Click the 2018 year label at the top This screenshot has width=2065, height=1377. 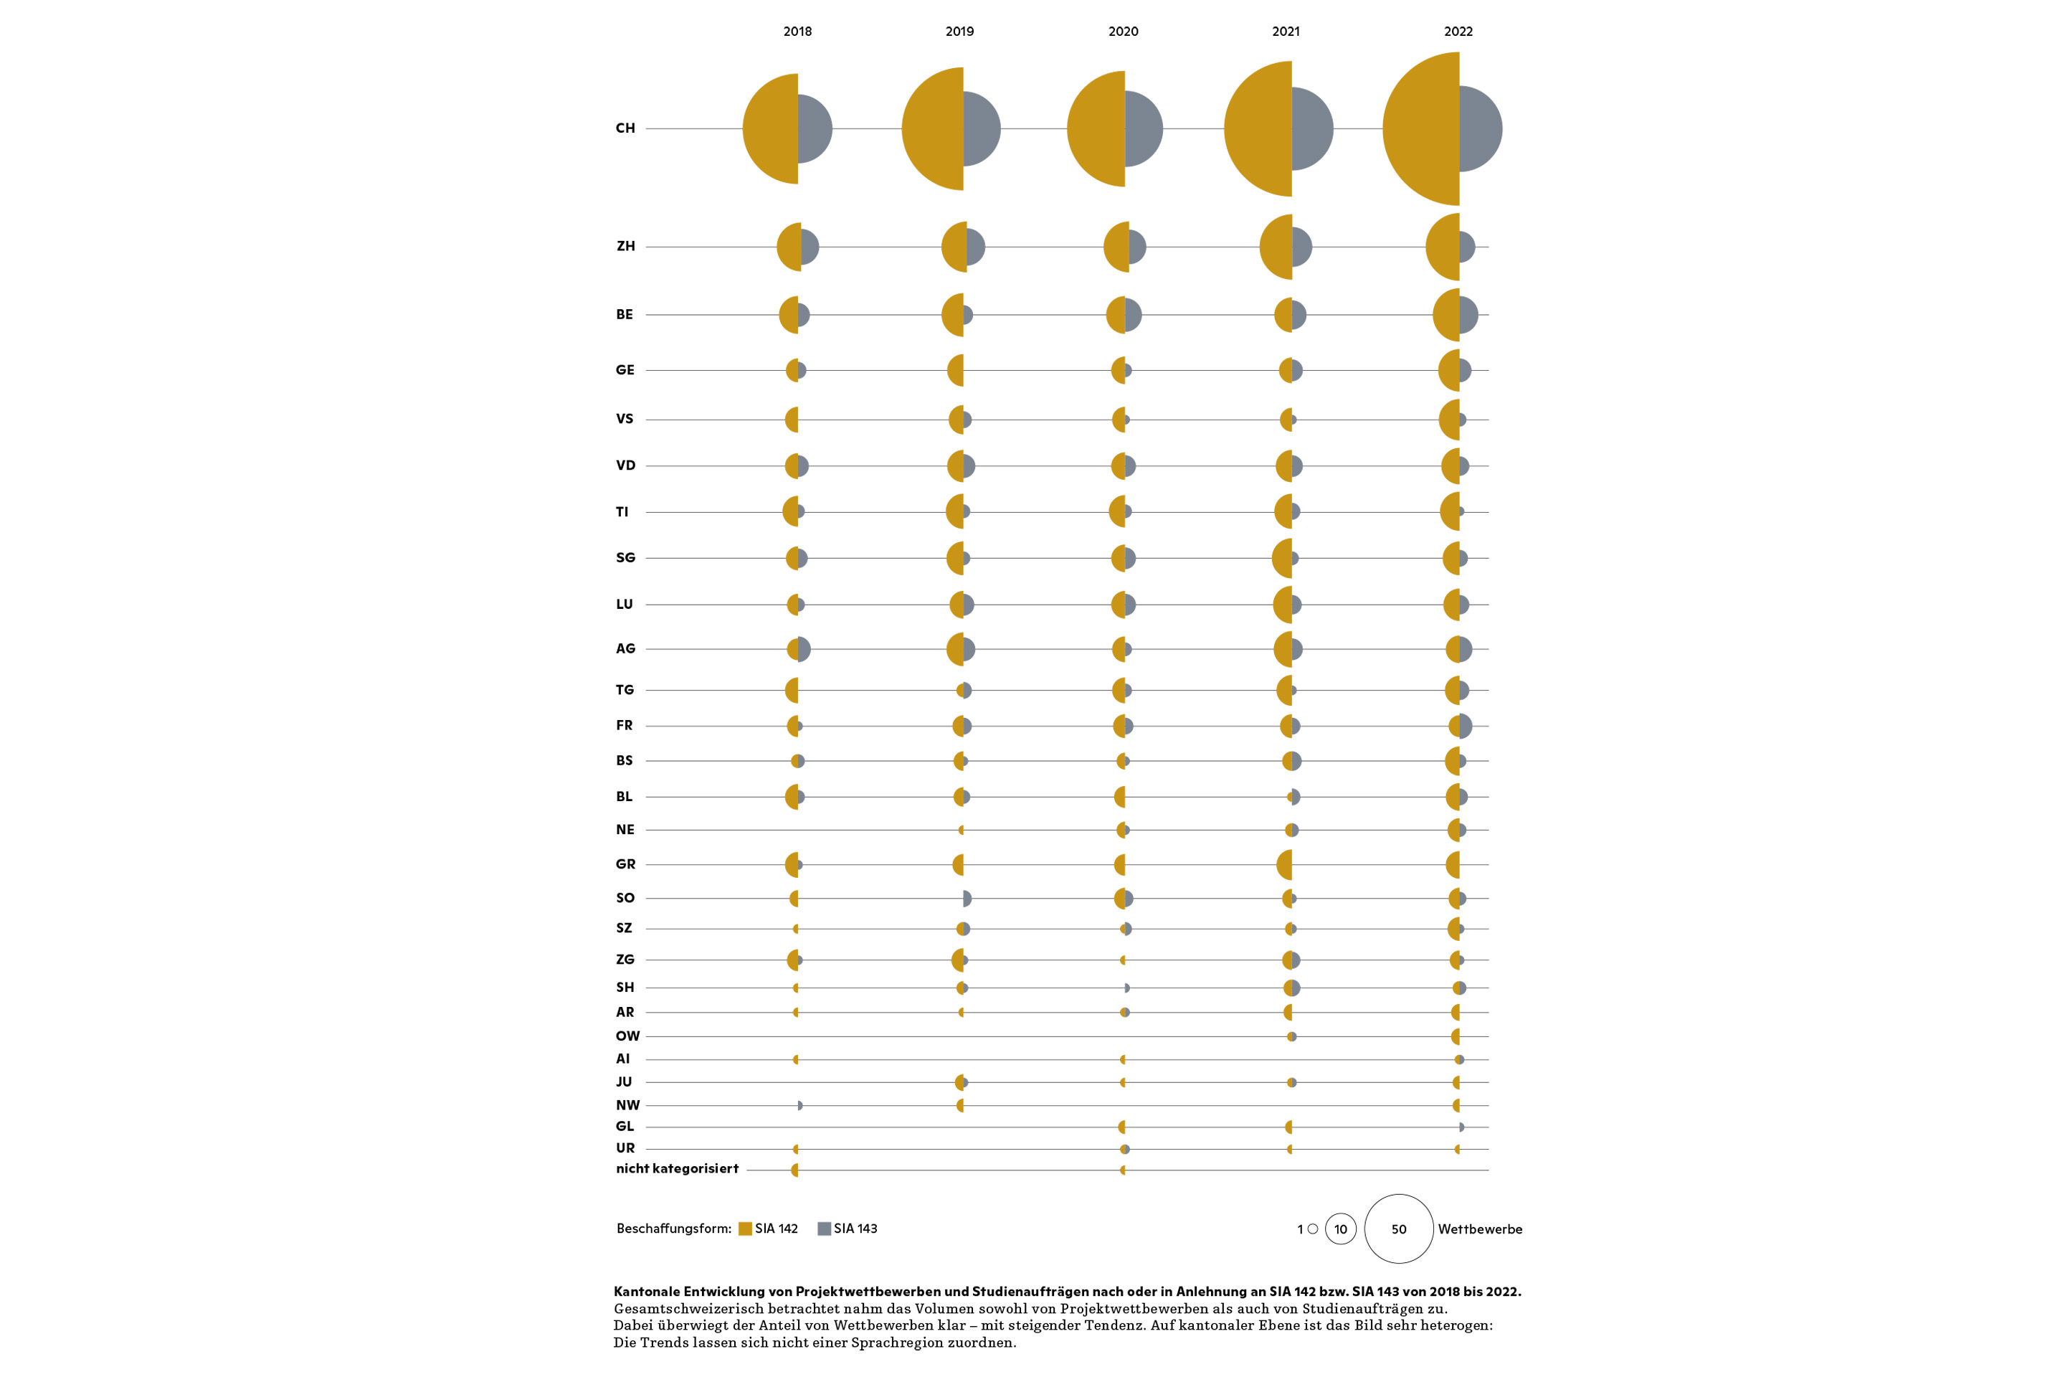click(797, 32)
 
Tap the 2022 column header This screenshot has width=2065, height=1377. click(1458, 32)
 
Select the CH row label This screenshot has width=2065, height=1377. click(625, 128)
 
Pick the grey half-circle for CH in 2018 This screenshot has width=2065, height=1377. click(814, 128)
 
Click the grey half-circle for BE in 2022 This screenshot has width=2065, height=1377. click(1468, 314)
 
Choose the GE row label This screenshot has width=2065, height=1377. click(625, 370)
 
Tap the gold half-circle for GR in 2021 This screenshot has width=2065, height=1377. click(1284, 865)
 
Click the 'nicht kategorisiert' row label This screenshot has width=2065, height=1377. click(677, 1169)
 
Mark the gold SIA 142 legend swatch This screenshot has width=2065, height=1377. click(746, 1229)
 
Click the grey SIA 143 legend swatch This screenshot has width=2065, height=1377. click(825, 1229)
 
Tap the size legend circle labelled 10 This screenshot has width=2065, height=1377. click(1341, 1213)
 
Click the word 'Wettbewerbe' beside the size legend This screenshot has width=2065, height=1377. click(1480, 1229)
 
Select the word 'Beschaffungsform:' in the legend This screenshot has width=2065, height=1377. click(673, 1229)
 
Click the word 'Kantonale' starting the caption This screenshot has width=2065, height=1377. click(646, 1292)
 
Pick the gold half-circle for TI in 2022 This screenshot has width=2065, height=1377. click(1451, 512)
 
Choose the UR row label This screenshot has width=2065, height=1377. click(625, 1147)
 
